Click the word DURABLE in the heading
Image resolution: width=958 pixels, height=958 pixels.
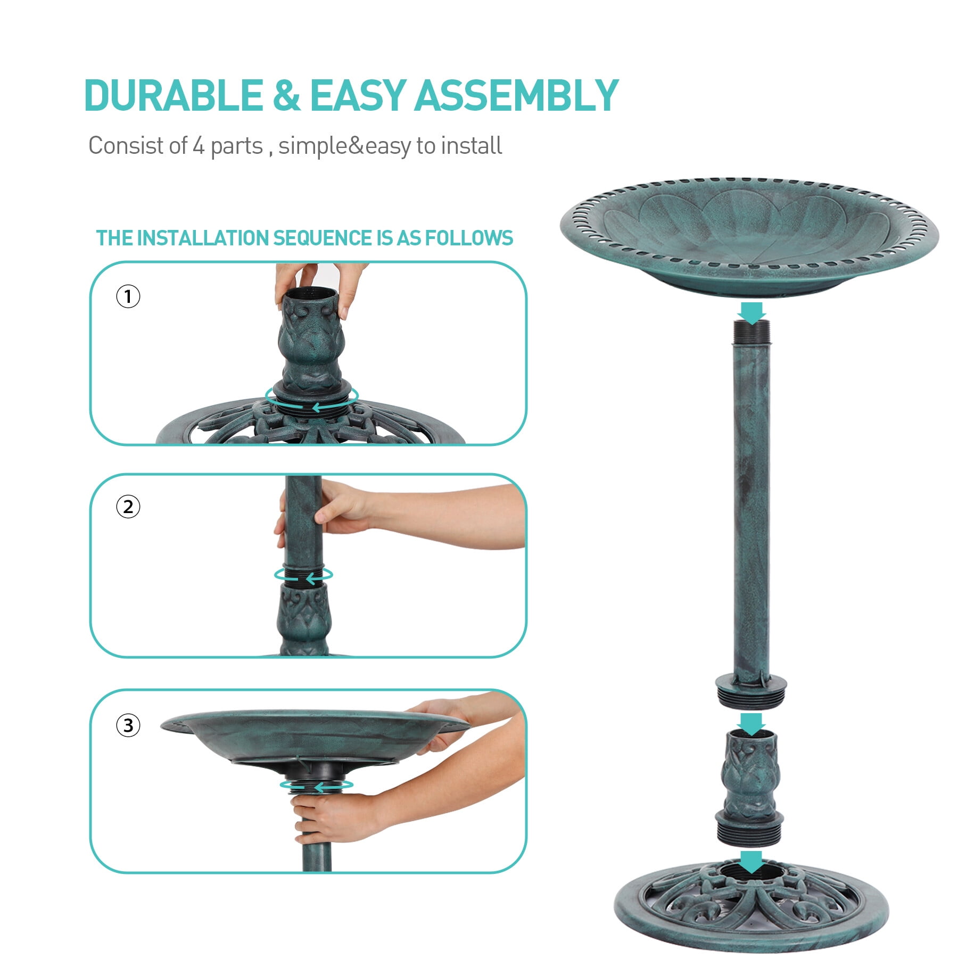[x=174, y=95]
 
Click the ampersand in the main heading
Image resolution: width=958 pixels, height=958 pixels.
[x=286, y=95]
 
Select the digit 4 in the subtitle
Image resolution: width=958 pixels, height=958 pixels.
[x=199, y=145]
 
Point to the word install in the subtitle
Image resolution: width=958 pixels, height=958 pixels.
[x=472, y=145]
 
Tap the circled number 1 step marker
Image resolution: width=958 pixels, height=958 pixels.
[x=128, y=296]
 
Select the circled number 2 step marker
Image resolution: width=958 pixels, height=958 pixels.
[x=128, y=507]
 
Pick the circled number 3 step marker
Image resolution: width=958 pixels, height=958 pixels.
[x=128, y=725]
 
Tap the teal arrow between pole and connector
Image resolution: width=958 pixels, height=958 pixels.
[x=751, y=724]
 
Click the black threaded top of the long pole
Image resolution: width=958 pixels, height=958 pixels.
[x=751, y=333]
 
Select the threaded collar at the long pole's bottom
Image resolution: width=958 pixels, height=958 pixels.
[x=751, y=690]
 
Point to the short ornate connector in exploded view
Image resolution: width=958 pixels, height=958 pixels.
[x=751, y=788]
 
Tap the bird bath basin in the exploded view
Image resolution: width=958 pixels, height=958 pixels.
[x=749, y=237]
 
